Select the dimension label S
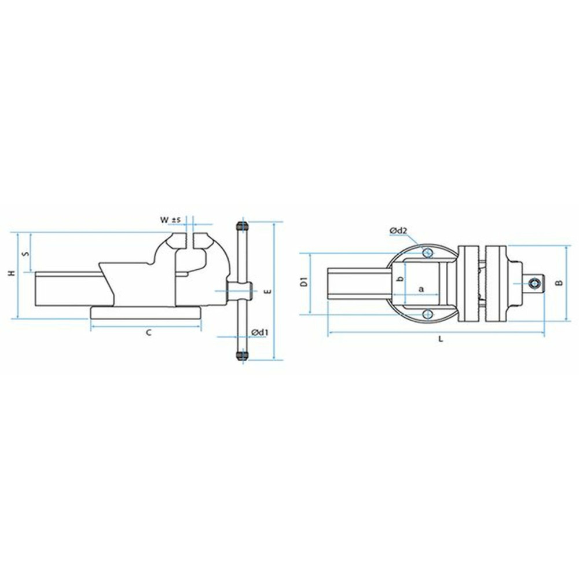pyautogui.click(x=24, y=254)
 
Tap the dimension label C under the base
pyautogui.click(x=148, y=332)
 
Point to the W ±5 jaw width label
pyautogui.click(x=171, y=220)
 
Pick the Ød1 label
pyautogui.click(x=260, y=332)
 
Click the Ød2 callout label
pyautogui.click(x=399, y=231)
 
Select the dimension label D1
pyautogui.click(x=303, y=283)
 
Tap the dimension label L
pyautogui.click(x=441, y=340)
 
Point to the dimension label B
pyautogui.click(x=559, y=283)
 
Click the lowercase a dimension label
pyautogui.click(x=421, y=288)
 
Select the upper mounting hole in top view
pyautogui.click(x=427, y=253)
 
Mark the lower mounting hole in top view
pyautogui.click(x=427, y=313)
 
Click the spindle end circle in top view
pyautogui.click(x=536, y=283)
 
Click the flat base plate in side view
pyautogui.click(x=146, y=312)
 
